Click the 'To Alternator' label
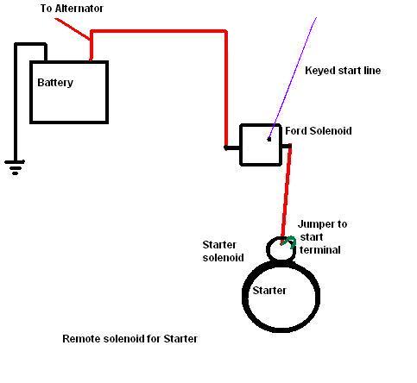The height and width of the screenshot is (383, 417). coord(72,9)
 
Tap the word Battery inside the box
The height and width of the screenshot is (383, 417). coord(55,83)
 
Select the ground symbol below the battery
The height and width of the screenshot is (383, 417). coord(15,167)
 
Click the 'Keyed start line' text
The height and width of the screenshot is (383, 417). coord(343,71)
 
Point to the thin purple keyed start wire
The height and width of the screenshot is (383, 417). coord(293,78)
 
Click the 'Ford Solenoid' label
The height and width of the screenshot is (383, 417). coord(319,131)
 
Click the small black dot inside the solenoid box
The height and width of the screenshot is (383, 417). coord(269,140)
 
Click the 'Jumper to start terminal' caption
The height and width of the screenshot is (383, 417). coord(322,237)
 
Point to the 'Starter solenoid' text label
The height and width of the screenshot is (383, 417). coord(223,251)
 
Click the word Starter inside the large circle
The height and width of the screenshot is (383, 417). coord(269,291)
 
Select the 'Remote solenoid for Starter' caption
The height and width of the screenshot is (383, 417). coord(130,339)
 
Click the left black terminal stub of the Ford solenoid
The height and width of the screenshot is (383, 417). coord(232,148)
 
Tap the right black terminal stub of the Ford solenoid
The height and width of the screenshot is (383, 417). coord(286,147)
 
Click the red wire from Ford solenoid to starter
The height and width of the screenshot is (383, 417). coord(286,194)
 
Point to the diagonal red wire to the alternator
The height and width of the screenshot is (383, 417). coord(73,28)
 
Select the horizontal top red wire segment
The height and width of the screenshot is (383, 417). coord(159,31)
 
